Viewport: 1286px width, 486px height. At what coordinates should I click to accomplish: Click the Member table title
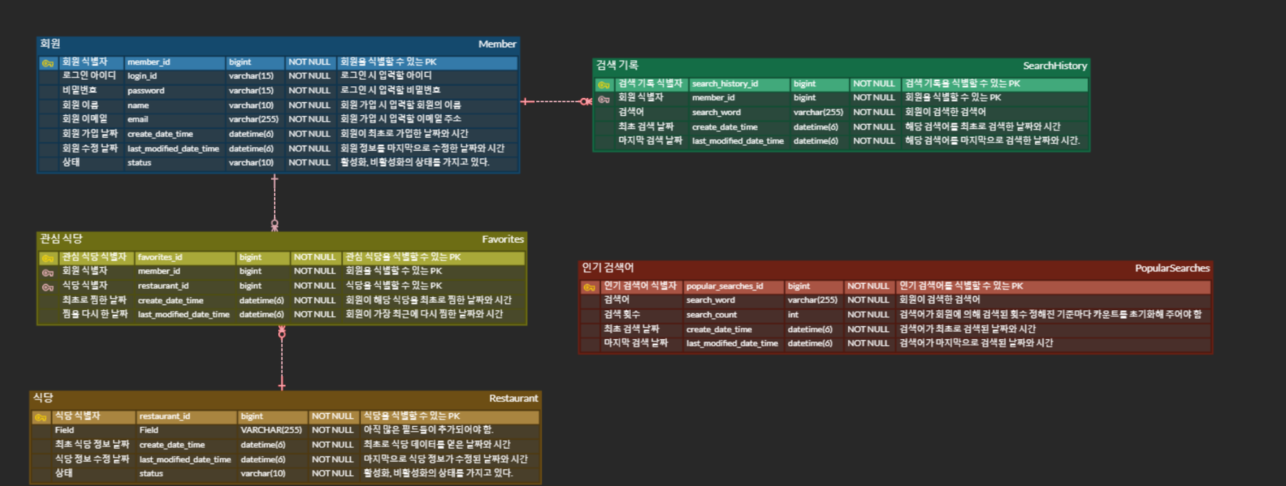[497, 44]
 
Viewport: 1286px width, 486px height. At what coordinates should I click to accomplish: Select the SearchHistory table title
[1055, 66]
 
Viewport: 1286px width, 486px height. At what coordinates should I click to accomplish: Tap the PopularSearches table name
[1172, 268]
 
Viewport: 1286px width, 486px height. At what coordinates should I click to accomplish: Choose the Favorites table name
[503, 239]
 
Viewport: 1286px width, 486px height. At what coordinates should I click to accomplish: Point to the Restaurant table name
[513, 398]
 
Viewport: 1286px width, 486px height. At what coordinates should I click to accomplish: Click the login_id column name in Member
[142, 76]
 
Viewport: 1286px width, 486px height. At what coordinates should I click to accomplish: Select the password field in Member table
[146, 91]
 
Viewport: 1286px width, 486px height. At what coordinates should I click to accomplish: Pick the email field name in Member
[138, 119]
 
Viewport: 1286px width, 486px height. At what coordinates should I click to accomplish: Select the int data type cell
[793, 315]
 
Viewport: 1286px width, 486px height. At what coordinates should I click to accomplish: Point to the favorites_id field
[160, 257]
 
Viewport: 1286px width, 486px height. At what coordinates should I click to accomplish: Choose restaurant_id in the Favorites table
[163, 286]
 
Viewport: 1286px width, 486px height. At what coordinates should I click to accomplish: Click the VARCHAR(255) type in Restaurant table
[271, 430]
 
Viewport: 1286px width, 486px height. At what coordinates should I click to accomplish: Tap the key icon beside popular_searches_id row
[589, 287]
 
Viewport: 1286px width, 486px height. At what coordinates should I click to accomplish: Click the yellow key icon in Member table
[48, 63]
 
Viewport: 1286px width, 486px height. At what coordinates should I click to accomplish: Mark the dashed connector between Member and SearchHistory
[556, 101]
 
